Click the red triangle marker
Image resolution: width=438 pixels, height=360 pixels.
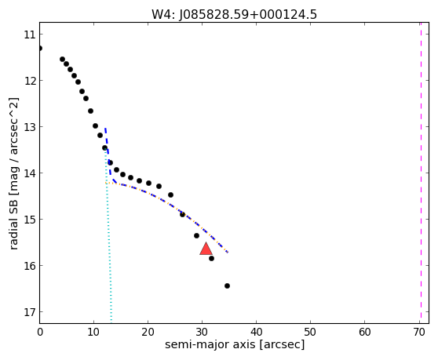point(206,249)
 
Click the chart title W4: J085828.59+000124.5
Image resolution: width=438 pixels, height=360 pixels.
point(234,15)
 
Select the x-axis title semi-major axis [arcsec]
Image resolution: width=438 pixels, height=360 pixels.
point(235,344)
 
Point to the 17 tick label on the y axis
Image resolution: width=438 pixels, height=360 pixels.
point(30,312)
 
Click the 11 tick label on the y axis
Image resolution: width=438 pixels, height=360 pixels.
point(30,35)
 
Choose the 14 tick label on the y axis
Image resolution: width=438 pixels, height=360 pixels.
point(30,173)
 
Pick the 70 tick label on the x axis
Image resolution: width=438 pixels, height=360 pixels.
point(419,332)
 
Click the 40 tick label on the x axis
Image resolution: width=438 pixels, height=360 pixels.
point(256,332)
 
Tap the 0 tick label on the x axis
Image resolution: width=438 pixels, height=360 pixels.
point(40,332)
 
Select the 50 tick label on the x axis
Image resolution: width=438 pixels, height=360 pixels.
point(310,332)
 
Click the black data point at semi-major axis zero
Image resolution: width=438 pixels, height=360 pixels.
point(40,49)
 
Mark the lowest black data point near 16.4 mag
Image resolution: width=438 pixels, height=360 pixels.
point(227,285)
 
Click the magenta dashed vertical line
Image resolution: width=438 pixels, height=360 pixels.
point(421,173)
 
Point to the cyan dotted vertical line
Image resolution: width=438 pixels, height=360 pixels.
point(108,236)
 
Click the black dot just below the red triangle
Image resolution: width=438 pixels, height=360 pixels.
point(211,258)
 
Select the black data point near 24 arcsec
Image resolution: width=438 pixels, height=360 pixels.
point(170,195)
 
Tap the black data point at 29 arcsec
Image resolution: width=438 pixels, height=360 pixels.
point(197,236)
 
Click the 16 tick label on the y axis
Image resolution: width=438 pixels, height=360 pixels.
point(30,266)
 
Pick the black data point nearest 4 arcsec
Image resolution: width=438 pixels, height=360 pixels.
point(62,59)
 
